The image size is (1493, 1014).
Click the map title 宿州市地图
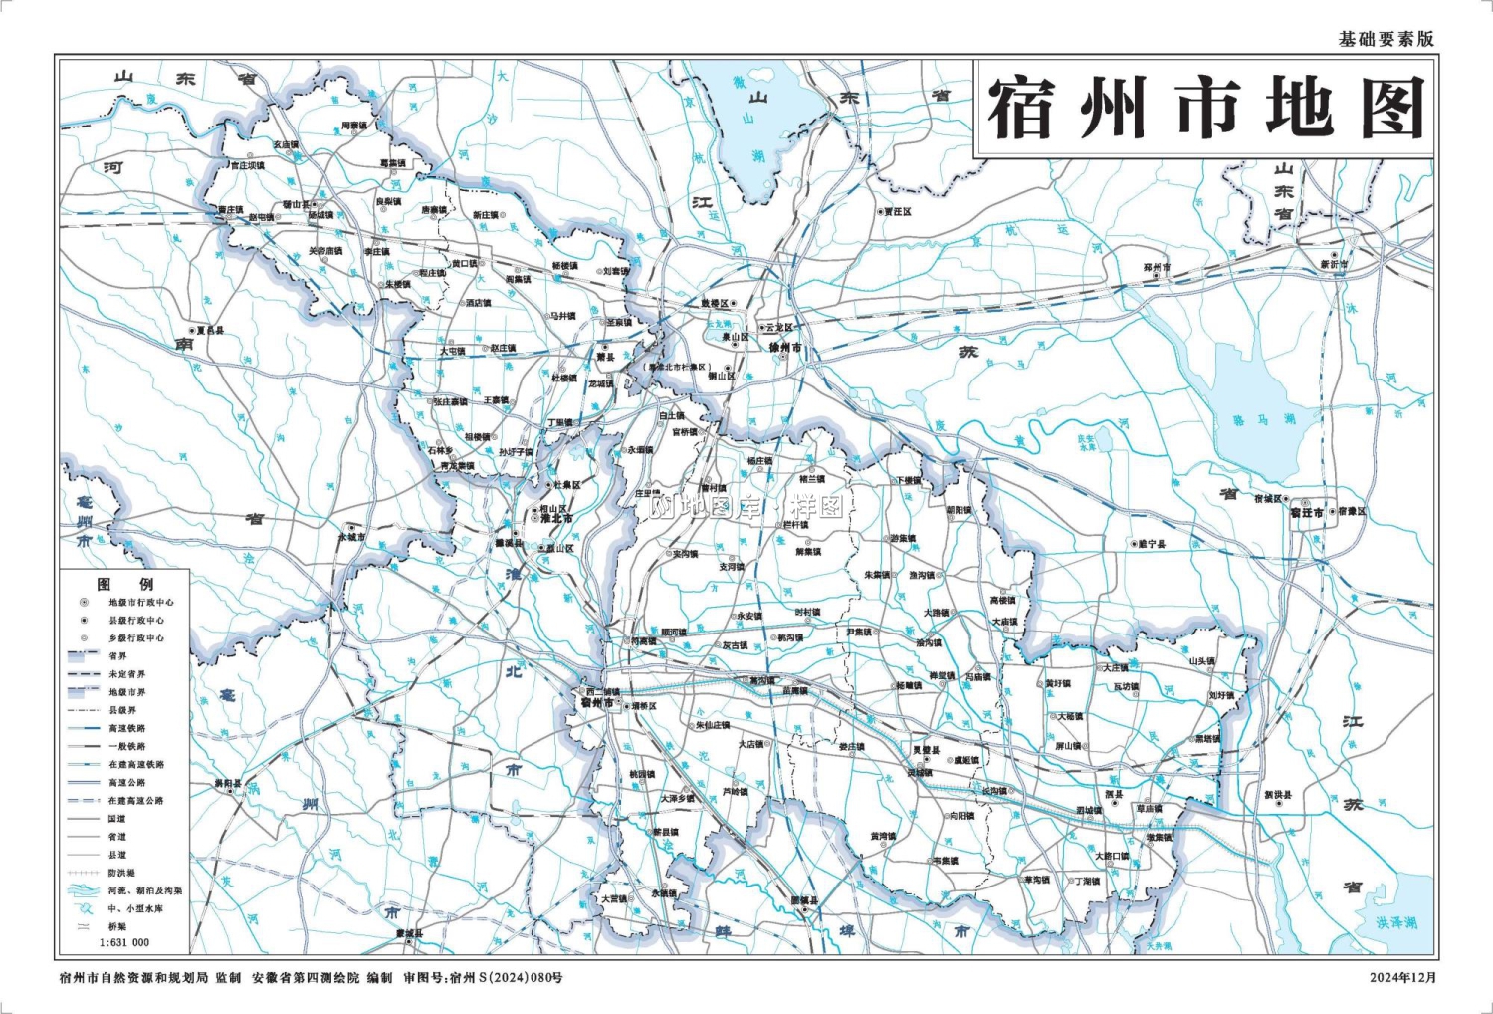[1205, 109]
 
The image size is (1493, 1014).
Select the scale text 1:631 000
[124, 942]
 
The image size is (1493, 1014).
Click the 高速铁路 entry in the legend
[127, 728]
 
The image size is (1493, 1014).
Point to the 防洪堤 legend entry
[121, 873]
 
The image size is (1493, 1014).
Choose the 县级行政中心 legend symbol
[84, 620]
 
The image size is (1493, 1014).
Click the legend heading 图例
[124, 584]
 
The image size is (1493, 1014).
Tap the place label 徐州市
[785, 348]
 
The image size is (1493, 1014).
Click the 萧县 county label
[606, 357]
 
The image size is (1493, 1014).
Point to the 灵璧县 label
[926, 750]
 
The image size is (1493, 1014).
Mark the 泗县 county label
[1114, 794]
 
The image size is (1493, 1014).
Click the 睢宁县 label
[1151, 544]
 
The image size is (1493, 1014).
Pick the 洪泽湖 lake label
[1395, 923]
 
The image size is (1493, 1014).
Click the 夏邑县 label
[210, 330]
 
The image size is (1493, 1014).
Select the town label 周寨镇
[354, 127]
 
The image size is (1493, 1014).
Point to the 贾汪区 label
[897, 212]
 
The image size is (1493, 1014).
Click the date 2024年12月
[1402, 977]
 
